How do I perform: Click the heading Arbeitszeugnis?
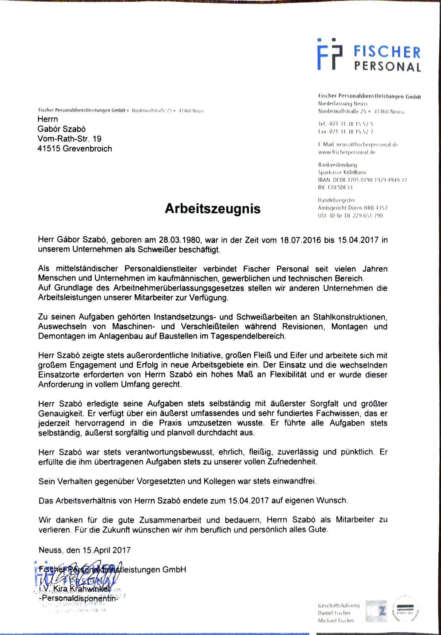(x=212, y=208)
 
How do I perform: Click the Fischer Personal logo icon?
(x=330, y=54)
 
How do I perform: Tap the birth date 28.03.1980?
(x=180, y=240)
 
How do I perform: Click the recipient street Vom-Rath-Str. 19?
(x=69, y=139)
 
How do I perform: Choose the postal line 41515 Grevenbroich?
(x=74, y=149)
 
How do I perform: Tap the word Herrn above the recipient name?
(x=47, y=119)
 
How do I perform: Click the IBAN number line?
(x=362, y=180)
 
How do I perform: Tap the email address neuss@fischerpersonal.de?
(x=358, y=145)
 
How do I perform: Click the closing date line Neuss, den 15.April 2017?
(x=84, y=550)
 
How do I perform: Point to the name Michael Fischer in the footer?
(x=336, y=620)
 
